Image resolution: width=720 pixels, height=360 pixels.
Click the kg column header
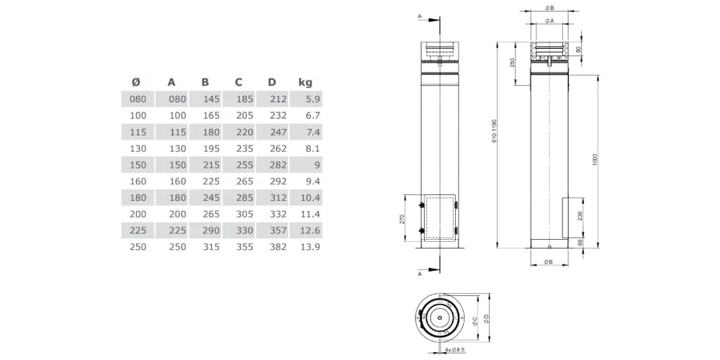click(305, 82)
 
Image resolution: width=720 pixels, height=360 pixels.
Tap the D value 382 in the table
click(277, 247)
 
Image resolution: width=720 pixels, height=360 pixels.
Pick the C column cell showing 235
click(245, 149)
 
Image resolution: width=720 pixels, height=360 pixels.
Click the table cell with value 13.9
click(309, 247)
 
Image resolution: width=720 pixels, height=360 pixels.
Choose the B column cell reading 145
click(210, 99)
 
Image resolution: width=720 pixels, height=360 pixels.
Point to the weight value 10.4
click(309, 198)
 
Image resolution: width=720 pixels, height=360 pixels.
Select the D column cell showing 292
click(277, 181)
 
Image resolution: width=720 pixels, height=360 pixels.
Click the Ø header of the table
click(136, 82)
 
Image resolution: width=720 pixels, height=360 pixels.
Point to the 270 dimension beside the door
click(403, 218)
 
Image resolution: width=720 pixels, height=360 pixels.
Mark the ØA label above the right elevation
click(549, 21)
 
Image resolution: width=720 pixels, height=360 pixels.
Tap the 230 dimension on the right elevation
click(580, 217)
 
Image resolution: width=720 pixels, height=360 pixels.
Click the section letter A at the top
click(420, 15)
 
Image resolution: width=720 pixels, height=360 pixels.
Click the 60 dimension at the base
click(580, 243)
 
